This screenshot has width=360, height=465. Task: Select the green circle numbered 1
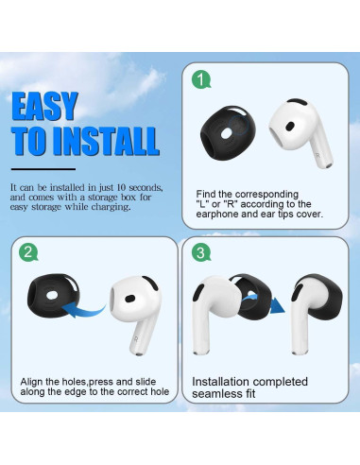pos(199,79)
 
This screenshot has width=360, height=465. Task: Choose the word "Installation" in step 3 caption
pos(223,381)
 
